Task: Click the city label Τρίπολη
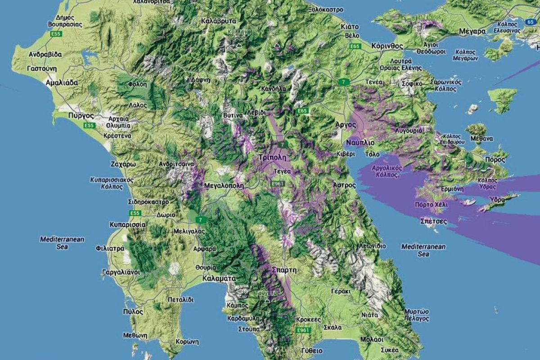click(x=273, y=157)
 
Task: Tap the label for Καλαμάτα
click(x=219, y=279)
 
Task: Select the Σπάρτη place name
click(x=284, y=270)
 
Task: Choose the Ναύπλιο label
click(x=360, y=143)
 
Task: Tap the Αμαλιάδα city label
click(x=62, y=83)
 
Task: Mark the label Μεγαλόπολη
click(x=224, y=185)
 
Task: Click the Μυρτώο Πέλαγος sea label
click(x=416, y=315)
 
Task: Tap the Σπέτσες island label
click(x=433, y=221)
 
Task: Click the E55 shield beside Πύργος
click(x=89, y=126)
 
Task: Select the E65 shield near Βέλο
click(x=355, y=46)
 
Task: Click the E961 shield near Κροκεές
click(x=304, y=330)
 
